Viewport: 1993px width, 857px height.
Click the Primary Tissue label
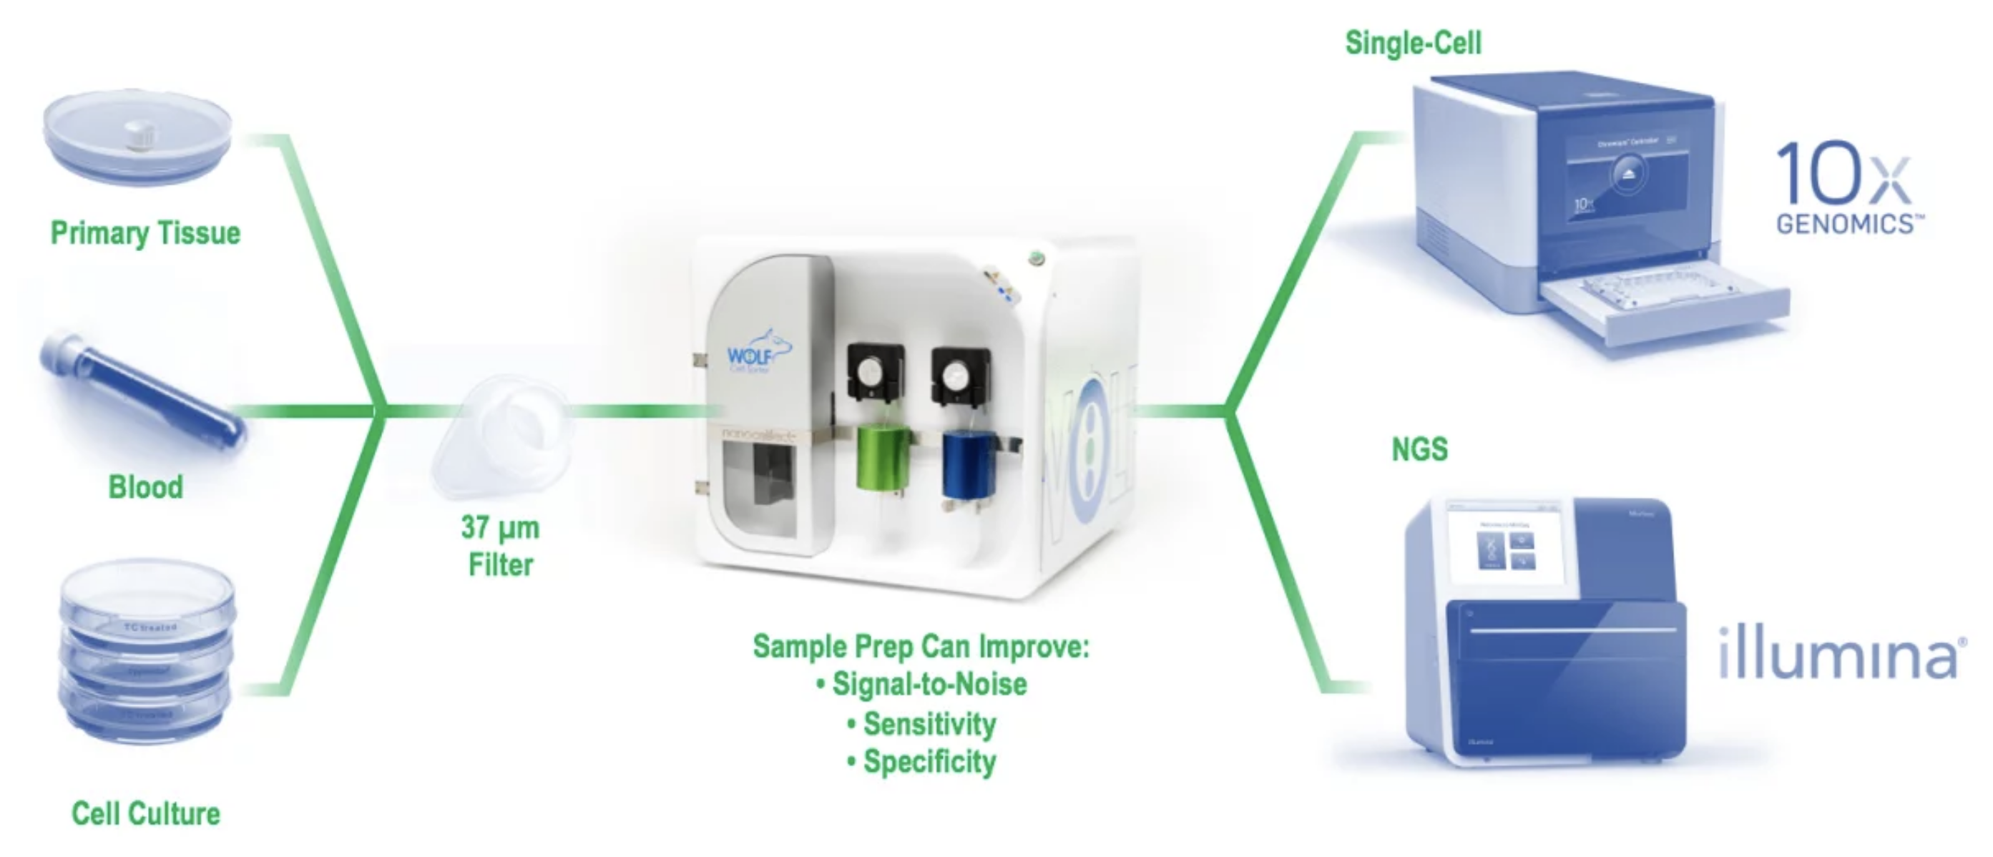coord(145,232)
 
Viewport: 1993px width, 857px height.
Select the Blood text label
coord(145,487)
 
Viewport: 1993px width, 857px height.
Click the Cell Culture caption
coord(145,813)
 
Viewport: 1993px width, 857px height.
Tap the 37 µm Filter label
coord(501,546)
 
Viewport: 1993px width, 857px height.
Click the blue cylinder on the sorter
coord(967,464)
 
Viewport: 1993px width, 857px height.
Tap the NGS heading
coord(1419,449)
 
